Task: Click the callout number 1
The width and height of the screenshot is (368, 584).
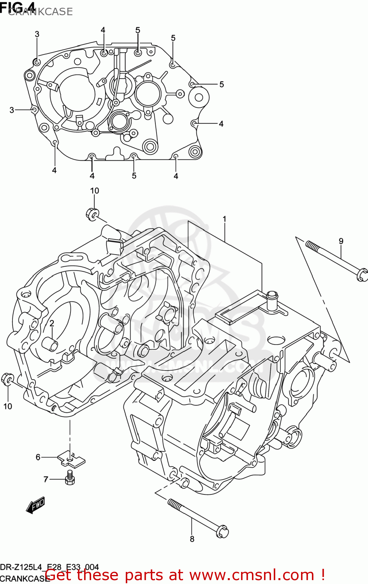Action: [x=225, y=219]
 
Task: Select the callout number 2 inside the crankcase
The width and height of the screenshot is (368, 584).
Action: [x=51, y=324]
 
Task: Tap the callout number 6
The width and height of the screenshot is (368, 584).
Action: [x=38, y=457]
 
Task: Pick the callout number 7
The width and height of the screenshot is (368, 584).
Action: [x=46, y=479]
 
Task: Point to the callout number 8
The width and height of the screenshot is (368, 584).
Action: [x=192, y=539]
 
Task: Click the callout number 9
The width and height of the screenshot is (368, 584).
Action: [x=341, y=241]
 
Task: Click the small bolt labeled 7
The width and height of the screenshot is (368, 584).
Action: [x=70, y=478]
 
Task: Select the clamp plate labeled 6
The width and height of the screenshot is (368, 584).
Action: [x=71, y=459]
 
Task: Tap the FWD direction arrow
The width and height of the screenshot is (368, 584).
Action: [x=35, y=505]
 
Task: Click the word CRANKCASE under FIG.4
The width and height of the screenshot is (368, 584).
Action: [x=40, y=12]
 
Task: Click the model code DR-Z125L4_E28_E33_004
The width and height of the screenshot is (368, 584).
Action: [x=49, y=567]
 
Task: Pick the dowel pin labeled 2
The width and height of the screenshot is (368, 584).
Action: [x=51, y=344]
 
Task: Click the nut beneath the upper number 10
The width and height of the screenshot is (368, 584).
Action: [x=93, y=214]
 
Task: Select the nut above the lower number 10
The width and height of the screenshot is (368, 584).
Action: [x=8, y=379]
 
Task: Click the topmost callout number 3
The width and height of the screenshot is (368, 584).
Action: [x=37, y=34]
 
